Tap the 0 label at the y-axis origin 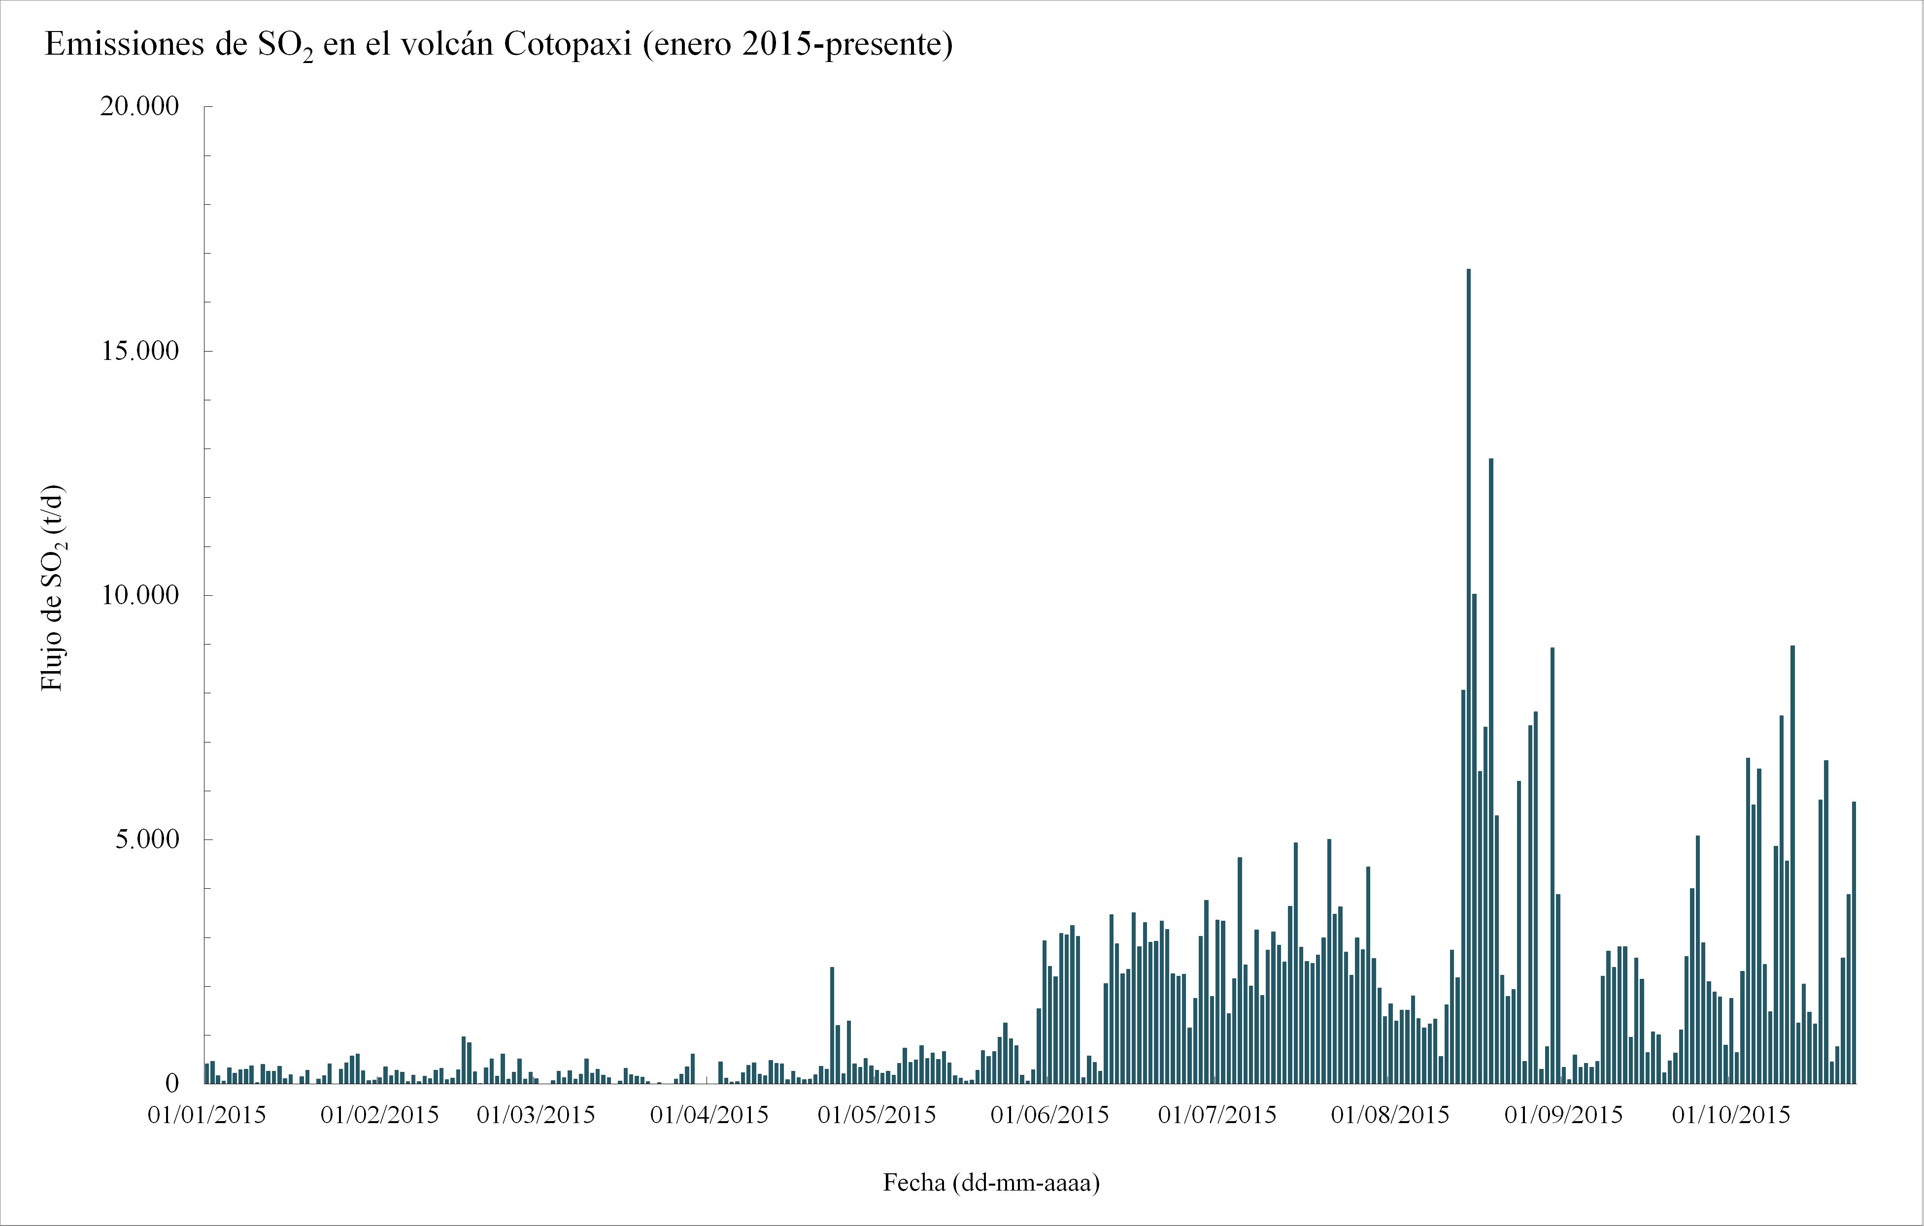tap(172, 1084)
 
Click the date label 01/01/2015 tap(207, 1115)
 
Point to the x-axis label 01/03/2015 tap(536, 1115)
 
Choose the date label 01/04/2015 tap(709, 1115)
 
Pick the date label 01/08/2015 tap(1390, 1115)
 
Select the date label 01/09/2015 tap(1564, 1115)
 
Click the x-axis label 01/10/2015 tap(1731, 1115)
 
